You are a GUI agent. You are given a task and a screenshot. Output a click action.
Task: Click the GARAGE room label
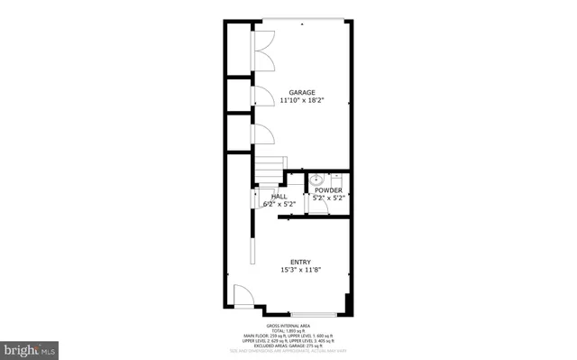pyautogui.click(x=301, y=92)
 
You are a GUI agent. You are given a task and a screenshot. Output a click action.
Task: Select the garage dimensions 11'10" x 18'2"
pyautogui.click(x=301, y=101)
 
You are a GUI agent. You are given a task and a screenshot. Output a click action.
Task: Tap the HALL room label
pyautogui.click(x=279, y=196)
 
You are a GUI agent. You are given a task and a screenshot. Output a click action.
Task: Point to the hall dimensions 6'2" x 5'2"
pyautogui.click(x=279, y=204)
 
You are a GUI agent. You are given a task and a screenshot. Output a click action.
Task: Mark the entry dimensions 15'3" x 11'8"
pyautogui.click(x=301, y=270)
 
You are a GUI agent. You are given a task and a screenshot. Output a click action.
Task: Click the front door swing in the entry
pyautogui.click(x=242, y=295)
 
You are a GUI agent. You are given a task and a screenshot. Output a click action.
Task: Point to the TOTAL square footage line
pyautogui.click(x=288, y=330)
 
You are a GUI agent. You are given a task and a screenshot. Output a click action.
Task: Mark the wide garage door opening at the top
pyautogui.click(x=301, y=20)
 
